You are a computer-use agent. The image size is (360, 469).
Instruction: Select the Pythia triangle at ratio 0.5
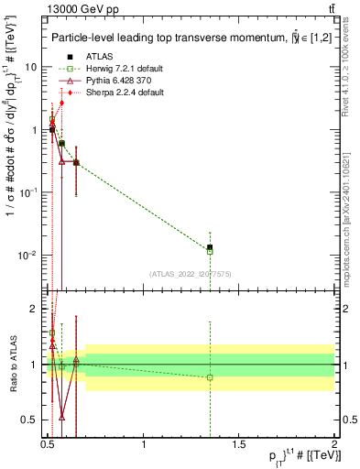point(61,416)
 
